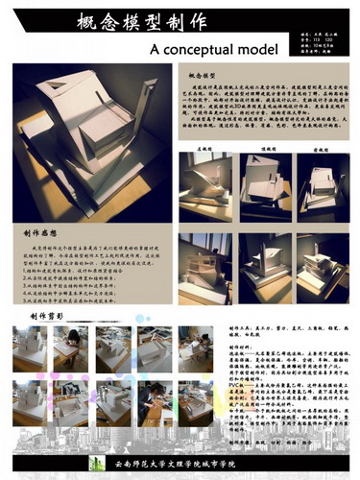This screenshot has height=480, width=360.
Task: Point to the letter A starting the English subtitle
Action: coord(156,48)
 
